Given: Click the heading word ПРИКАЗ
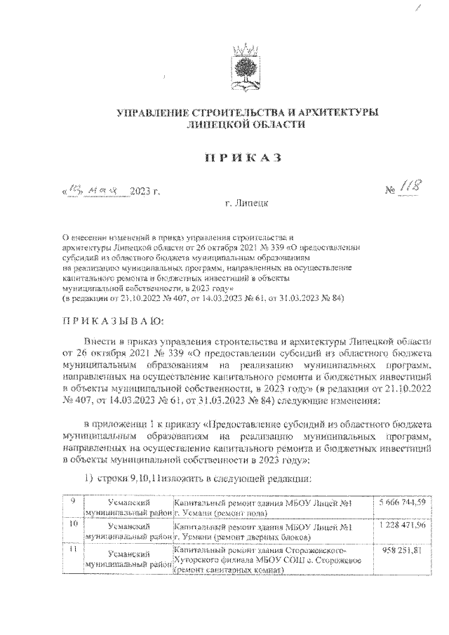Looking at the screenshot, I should coord(242,156).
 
